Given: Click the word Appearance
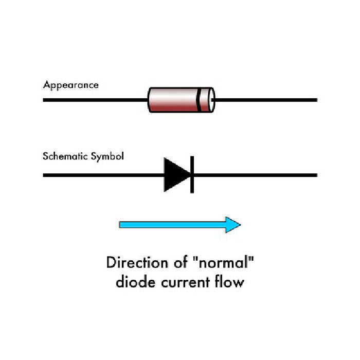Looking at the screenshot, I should click(x=70, y=85).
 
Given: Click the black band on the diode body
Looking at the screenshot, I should click(x=198, y=99).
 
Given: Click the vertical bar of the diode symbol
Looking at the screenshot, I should click(x=191, y=175).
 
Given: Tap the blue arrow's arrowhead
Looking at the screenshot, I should click(x=233, y=225).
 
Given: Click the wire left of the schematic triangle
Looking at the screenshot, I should click(x=103, y=175).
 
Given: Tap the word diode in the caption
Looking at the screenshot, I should click(x=134, y=282).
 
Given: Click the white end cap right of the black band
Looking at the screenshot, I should click(x=207, y=99).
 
